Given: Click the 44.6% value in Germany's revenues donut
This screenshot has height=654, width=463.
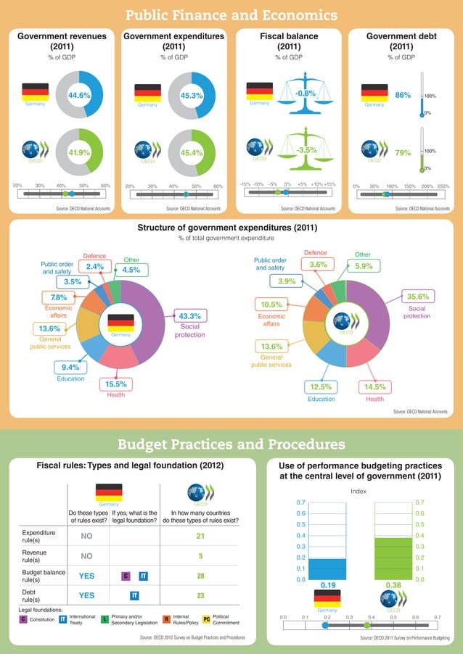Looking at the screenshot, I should tap(79, 95).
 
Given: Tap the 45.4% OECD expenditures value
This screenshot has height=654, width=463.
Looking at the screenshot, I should tap(192, 153).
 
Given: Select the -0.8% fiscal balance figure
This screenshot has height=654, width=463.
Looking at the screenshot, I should tap(306, 94).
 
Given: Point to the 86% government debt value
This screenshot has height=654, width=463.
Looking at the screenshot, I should tap(403, 95).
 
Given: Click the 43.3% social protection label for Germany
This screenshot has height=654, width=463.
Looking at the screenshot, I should tap(189, 315).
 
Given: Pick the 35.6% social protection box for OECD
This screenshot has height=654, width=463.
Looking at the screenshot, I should tap(418, 297).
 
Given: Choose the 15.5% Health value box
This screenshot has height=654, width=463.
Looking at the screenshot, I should tap(116, 384).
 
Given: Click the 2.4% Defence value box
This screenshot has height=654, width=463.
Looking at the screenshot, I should tap(95, 267).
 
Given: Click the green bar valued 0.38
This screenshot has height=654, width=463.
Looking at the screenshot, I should tap(393, 558).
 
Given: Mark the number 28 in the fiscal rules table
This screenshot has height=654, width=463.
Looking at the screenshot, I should tap(200, 576).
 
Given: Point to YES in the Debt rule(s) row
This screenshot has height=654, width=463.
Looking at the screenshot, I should tap(86, 595).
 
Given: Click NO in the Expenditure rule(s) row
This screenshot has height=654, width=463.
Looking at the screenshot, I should tap(86, 537).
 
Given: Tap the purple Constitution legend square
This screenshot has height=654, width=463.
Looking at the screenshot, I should tap(22, 619).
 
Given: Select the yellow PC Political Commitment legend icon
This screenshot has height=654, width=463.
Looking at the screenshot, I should tap(206, 619).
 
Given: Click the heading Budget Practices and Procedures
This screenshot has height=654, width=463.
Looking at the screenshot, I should tap(231, 444).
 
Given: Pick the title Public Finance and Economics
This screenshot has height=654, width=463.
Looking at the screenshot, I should tap(231, 15).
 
